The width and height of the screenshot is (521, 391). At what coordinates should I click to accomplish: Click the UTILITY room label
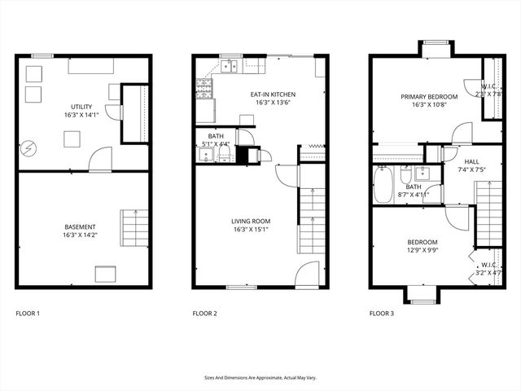coord(81,107)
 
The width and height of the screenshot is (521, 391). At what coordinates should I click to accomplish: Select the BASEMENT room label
coord(81,226)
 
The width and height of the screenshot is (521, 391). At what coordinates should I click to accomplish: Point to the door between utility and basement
coord(100,160)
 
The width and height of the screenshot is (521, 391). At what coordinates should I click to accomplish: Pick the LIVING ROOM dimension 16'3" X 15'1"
coord(251,229)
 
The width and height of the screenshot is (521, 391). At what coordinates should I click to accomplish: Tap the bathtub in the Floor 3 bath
coord(383,185)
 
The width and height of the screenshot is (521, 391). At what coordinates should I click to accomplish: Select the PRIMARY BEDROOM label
coord(428,96)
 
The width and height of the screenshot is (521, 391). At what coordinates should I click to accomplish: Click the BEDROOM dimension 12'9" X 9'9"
coord(422,251)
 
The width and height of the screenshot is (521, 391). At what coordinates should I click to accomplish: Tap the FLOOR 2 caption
coord(204,314)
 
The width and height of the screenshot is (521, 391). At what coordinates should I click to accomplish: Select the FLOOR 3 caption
coord(381,314)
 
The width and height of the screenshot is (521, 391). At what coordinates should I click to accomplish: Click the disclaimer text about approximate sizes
coord(260,377)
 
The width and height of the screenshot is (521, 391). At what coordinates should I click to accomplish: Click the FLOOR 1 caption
coord(28,314)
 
